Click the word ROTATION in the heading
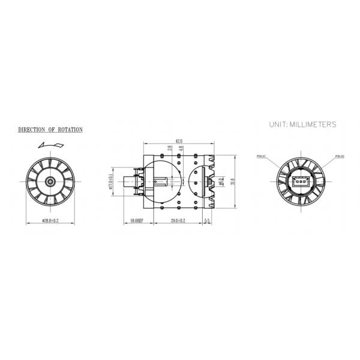pyautogui.click(x=67, y=130)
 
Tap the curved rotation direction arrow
pyautogui.click(x=49, y=144)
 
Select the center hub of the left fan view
pyautogui.click(x=49, y=181)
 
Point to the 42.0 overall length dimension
pyautogui.click(x=178, y=140)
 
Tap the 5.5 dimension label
pyautogui.click(x=207, y=221)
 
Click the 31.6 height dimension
pyautogui.click(x=233, y=181)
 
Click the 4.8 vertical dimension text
pyautogui.click(x=181, y=149)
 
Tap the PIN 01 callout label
pyautogui.click(x=261, y=155)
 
